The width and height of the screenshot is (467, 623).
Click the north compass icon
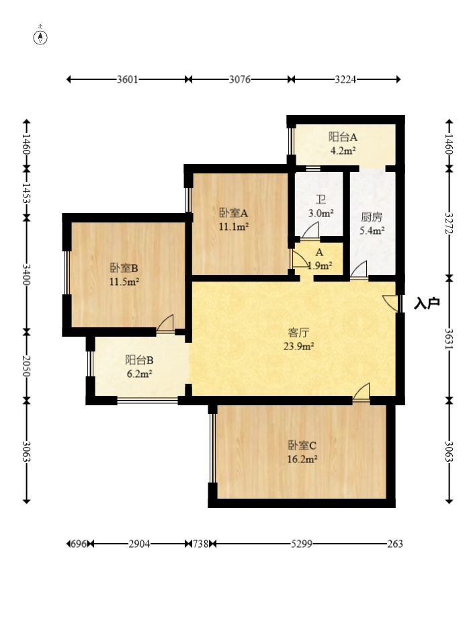[x=40, y=37]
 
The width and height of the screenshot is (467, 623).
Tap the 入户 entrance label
[x=427, y=303]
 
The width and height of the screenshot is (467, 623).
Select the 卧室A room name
[x=234, y=213]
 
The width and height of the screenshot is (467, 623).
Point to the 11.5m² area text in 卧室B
[x=124, y=282]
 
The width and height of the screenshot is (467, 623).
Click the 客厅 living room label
[x=298, y=332]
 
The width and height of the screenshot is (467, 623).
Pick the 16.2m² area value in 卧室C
[x=302, y=459]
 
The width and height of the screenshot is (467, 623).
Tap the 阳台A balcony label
[x=343, y=137]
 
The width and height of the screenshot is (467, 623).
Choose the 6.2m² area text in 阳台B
[x=140, y=374]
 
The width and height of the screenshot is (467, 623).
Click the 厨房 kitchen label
[x=372, y=217]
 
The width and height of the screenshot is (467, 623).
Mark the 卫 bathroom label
[x=321, y=200]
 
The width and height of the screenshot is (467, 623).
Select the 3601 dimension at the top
[x=127, y=79]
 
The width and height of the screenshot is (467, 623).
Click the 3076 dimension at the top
[x=239, y=79]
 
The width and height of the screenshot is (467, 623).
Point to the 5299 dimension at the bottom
[x=302, y=544]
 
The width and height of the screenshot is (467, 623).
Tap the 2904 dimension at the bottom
[x=139, y=544]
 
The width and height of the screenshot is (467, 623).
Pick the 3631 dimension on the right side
[x=449, y=339]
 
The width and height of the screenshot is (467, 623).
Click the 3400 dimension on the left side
[x=26, y=274]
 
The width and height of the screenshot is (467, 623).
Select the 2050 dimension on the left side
[x=26, y=366]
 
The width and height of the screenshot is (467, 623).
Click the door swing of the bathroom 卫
[x=310, y=231]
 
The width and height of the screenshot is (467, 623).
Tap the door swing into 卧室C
[x=361, y=392]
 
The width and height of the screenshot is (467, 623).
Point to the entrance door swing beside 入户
[x=390, y=302]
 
